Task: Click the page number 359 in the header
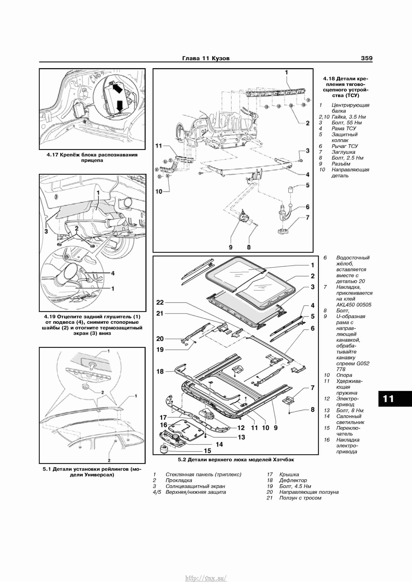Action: (x=367, y=58)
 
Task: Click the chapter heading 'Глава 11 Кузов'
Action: (x=206, y=58)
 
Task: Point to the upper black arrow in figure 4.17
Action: (x=117, y=88)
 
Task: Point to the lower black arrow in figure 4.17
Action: (x=119, y=106)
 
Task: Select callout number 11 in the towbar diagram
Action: (x=159, y=146)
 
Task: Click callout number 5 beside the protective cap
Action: (x=307, y=185)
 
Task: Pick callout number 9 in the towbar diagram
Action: (x=231, y=247)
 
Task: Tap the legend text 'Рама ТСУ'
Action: (x=344, y=129)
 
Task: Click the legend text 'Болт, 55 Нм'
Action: (x=347, y=123)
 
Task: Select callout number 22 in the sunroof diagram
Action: (x=160, y=302)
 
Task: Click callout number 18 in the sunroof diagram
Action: (x=160, y=371)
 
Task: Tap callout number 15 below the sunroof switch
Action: (x=208, y=451)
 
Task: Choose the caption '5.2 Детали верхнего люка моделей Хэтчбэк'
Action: (x=236, y=460)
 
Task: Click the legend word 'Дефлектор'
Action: (x=293, y=480)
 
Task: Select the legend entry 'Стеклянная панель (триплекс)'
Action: (x=203, y=475)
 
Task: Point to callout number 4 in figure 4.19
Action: (x=113, y=273)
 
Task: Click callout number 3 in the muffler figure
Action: (x=46, y=231)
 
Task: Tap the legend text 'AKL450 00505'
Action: (x=354, y=305)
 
